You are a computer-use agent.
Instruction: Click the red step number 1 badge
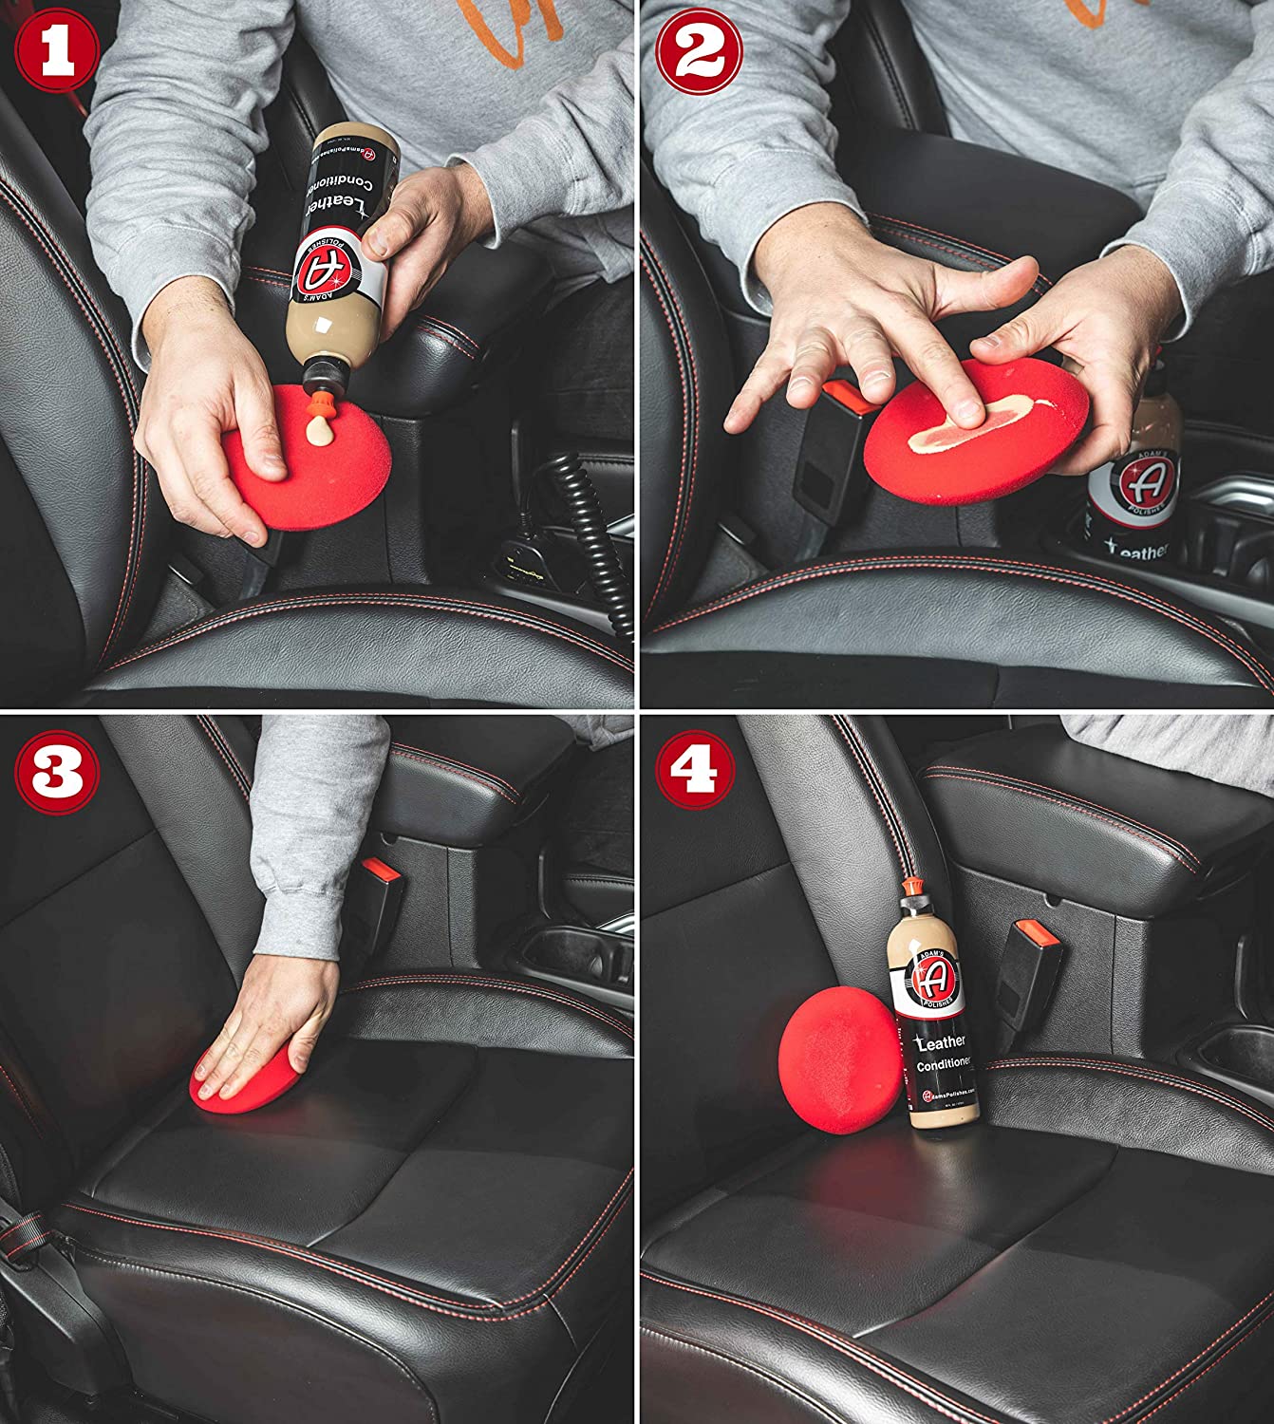click(x=56, y=49)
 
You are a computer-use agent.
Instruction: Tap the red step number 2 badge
click(x=698, y=49)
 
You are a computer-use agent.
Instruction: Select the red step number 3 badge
click(x=56, y=771)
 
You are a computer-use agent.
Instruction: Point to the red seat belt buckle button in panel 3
click(x=379, y=870)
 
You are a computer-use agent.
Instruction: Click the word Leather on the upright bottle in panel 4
click(x=940, y=1042)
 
